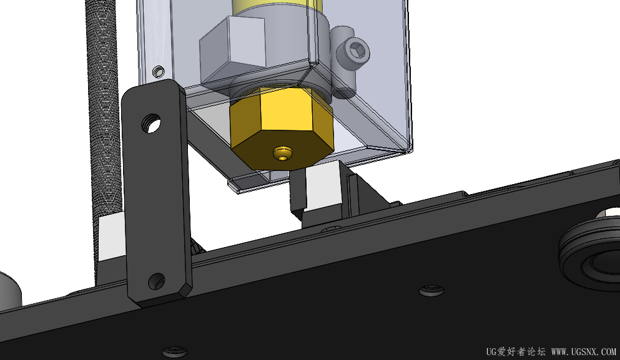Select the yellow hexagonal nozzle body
coord(282,129)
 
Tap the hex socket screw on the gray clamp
coord(357,50)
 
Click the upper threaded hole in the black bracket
coord(151,124)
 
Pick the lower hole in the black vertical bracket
coord(157,281)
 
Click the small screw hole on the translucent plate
coord(159,72)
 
